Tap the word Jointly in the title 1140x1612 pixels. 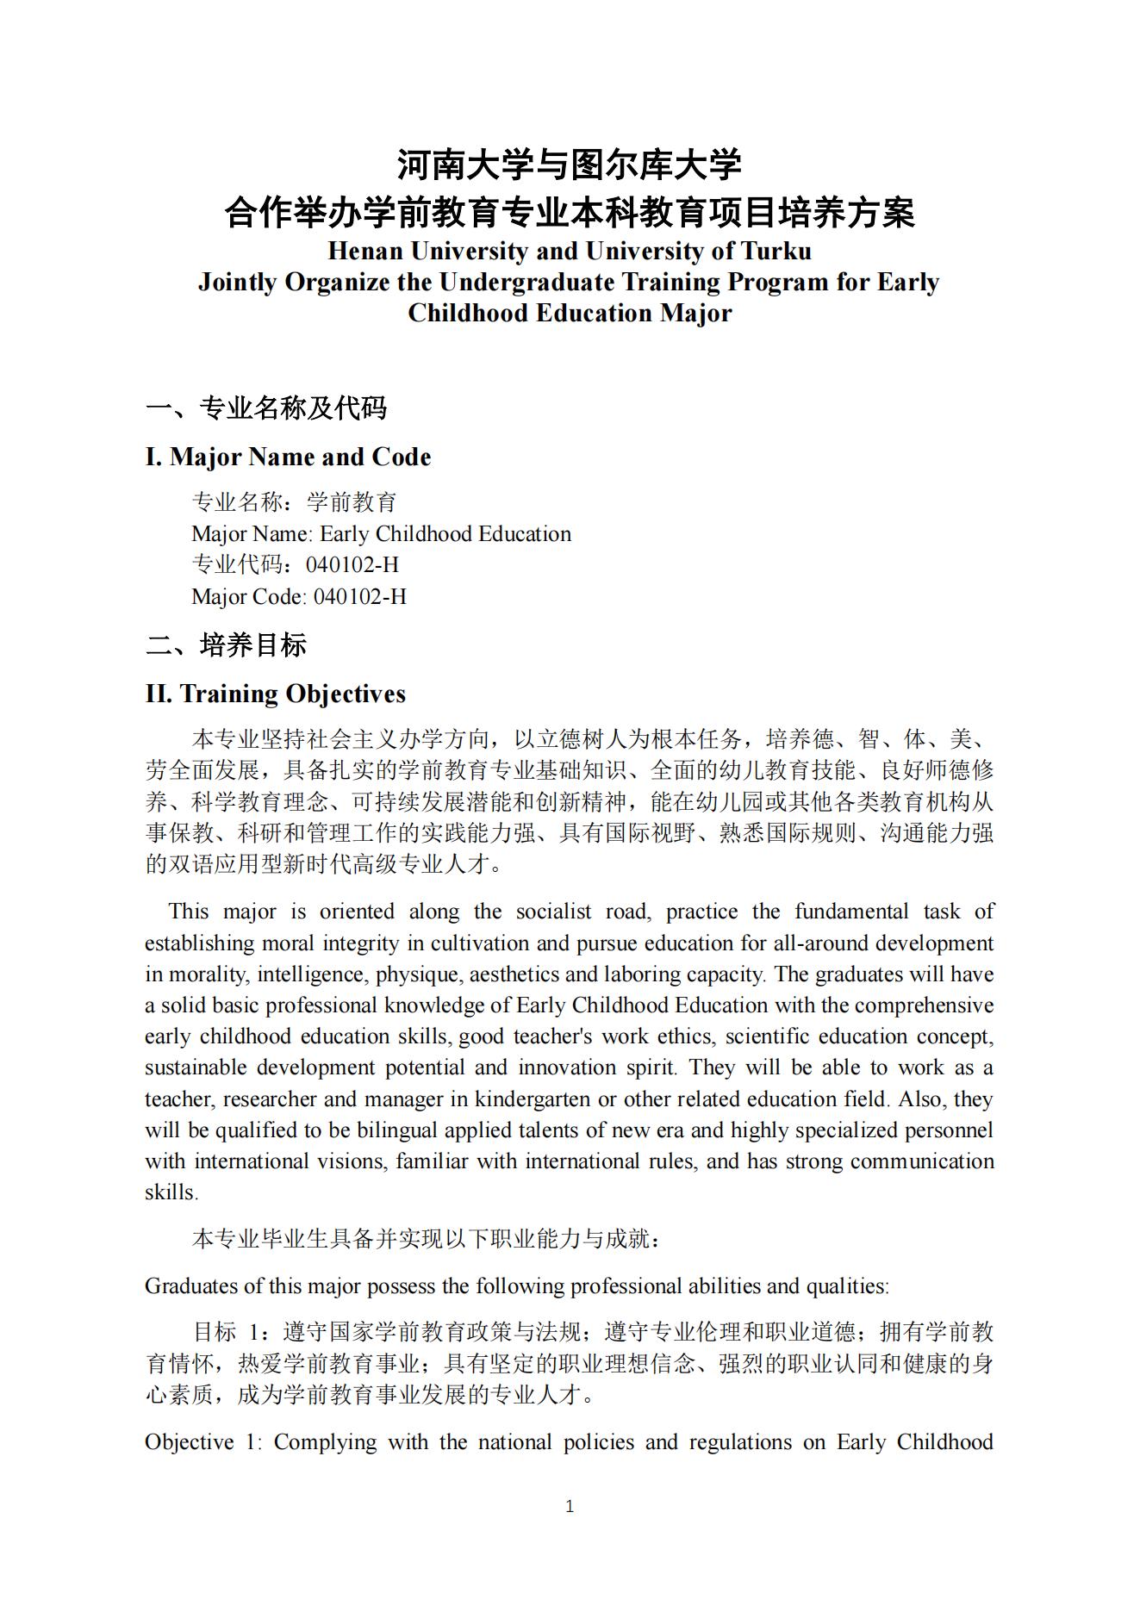point(238,282)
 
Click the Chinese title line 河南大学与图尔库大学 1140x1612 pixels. point(569,164)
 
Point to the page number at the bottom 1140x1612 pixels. point(569,1506)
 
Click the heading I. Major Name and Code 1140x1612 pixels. point(288,457)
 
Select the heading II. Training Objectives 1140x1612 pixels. point(275,694)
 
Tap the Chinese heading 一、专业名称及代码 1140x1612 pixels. point(266,408)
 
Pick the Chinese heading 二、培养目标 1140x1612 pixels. point(226,644)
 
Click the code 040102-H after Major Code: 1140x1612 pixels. point(359,596)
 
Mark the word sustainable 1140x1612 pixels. point(194,1067)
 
